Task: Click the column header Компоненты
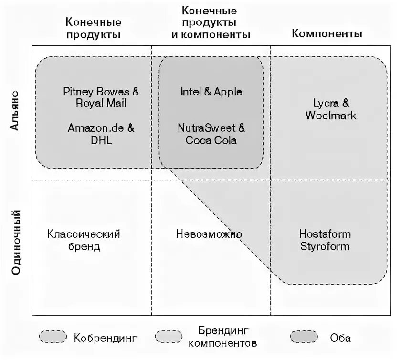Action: pos(327,34)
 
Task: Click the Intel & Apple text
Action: pos(211,92)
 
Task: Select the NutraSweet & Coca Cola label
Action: pos(211,134)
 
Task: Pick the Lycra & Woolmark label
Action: pos(331,109)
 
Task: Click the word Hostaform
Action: pos(325,234)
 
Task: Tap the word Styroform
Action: pos(325,246)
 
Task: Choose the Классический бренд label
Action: pos(84,240)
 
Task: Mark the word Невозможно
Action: pos(209,234)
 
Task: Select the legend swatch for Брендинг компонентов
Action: pos(169,337)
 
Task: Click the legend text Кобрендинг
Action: pos(106,339)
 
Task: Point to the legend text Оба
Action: pos(340,338)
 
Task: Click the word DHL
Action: pos(101,140)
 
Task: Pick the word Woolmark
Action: pos(331,116)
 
